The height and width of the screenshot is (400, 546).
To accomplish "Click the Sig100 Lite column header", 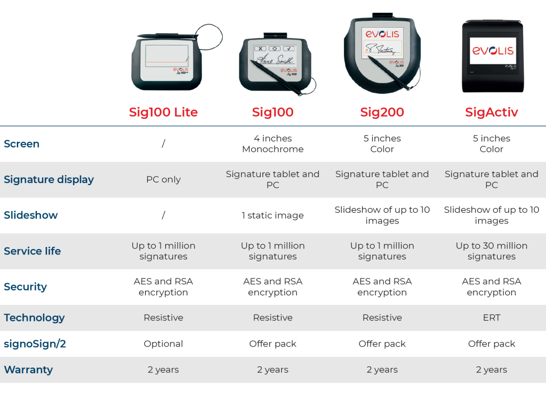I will point(163,112).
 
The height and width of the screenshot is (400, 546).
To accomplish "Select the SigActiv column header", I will point(491,112).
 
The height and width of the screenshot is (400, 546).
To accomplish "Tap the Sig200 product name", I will point(382,112).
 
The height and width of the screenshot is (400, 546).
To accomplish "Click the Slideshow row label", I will point(31,215).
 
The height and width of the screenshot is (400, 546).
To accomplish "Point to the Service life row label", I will point(33,251).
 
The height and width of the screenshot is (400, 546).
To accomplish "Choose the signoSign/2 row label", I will point(35,343).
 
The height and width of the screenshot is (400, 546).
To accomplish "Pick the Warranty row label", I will point(28,369).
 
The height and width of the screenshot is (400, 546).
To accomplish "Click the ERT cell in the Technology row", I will point(491,317).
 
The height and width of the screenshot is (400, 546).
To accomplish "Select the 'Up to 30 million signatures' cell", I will point(491,251).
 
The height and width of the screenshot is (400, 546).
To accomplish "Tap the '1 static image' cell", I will point(272,215).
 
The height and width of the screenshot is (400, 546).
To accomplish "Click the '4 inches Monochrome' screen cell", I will point(272,143).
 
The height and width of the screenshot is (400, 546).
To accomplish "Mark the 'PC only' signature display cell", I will point(163,179).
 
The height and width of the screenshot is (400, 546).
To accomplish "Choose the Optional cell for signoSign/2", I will point(163,343).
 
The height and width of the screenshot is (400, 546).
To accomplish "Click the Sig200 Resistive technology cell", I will point(382,317).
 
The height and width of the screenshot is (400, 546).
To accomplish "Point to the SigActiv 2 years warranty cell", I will point(491,369).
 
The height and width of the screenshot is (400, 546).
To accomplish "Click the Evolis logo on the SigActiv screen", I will point(492,50).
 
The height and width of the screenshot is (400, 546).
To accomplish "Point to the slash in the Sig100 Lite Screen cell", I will point(163,143).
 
